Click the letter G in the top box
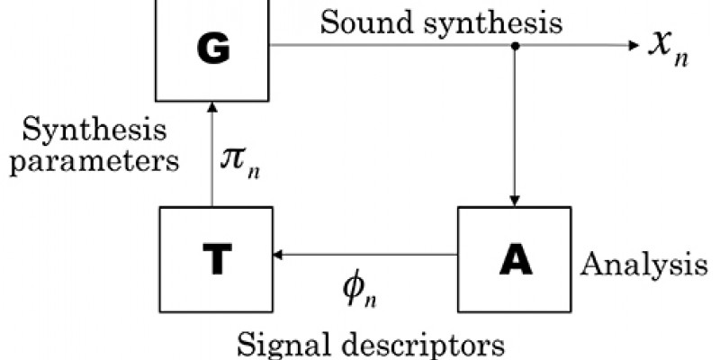(212, 52)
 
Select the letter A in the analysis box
(514, 258)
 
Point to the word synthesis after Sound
(477, 22)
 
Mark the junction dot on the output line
(514, 45)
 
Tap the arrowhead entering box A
(514, 201)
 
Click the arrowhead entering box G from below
(212, 106)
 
